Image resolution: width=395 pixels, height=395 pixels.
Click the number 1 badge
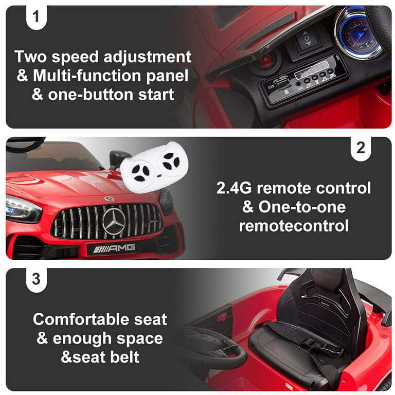36,16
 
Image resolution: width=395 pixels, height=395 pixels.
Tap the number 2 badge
360,148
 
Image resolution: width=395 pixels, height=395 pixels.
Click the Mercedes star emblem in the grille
114,221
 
